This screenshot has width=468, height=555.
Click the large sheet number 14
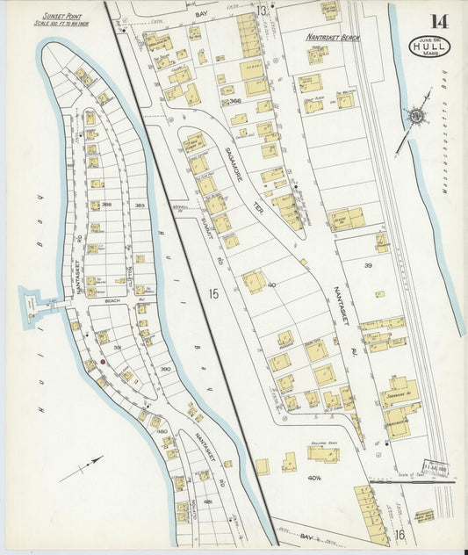tap(436, 22)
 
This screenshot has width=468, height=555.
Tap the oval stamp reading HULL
tap(429, 46)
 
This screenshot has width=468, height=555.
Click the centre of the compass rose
tap(414, 115)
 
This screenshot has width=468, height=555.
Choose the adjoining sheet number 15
tap(213, 293)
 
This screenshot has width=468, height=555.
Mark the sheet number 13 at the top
tap(262, 11)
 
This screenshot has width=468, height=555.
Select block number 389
tap(140, 205)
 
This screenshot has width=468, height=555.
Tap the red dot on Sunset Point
tap(102, 361)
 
